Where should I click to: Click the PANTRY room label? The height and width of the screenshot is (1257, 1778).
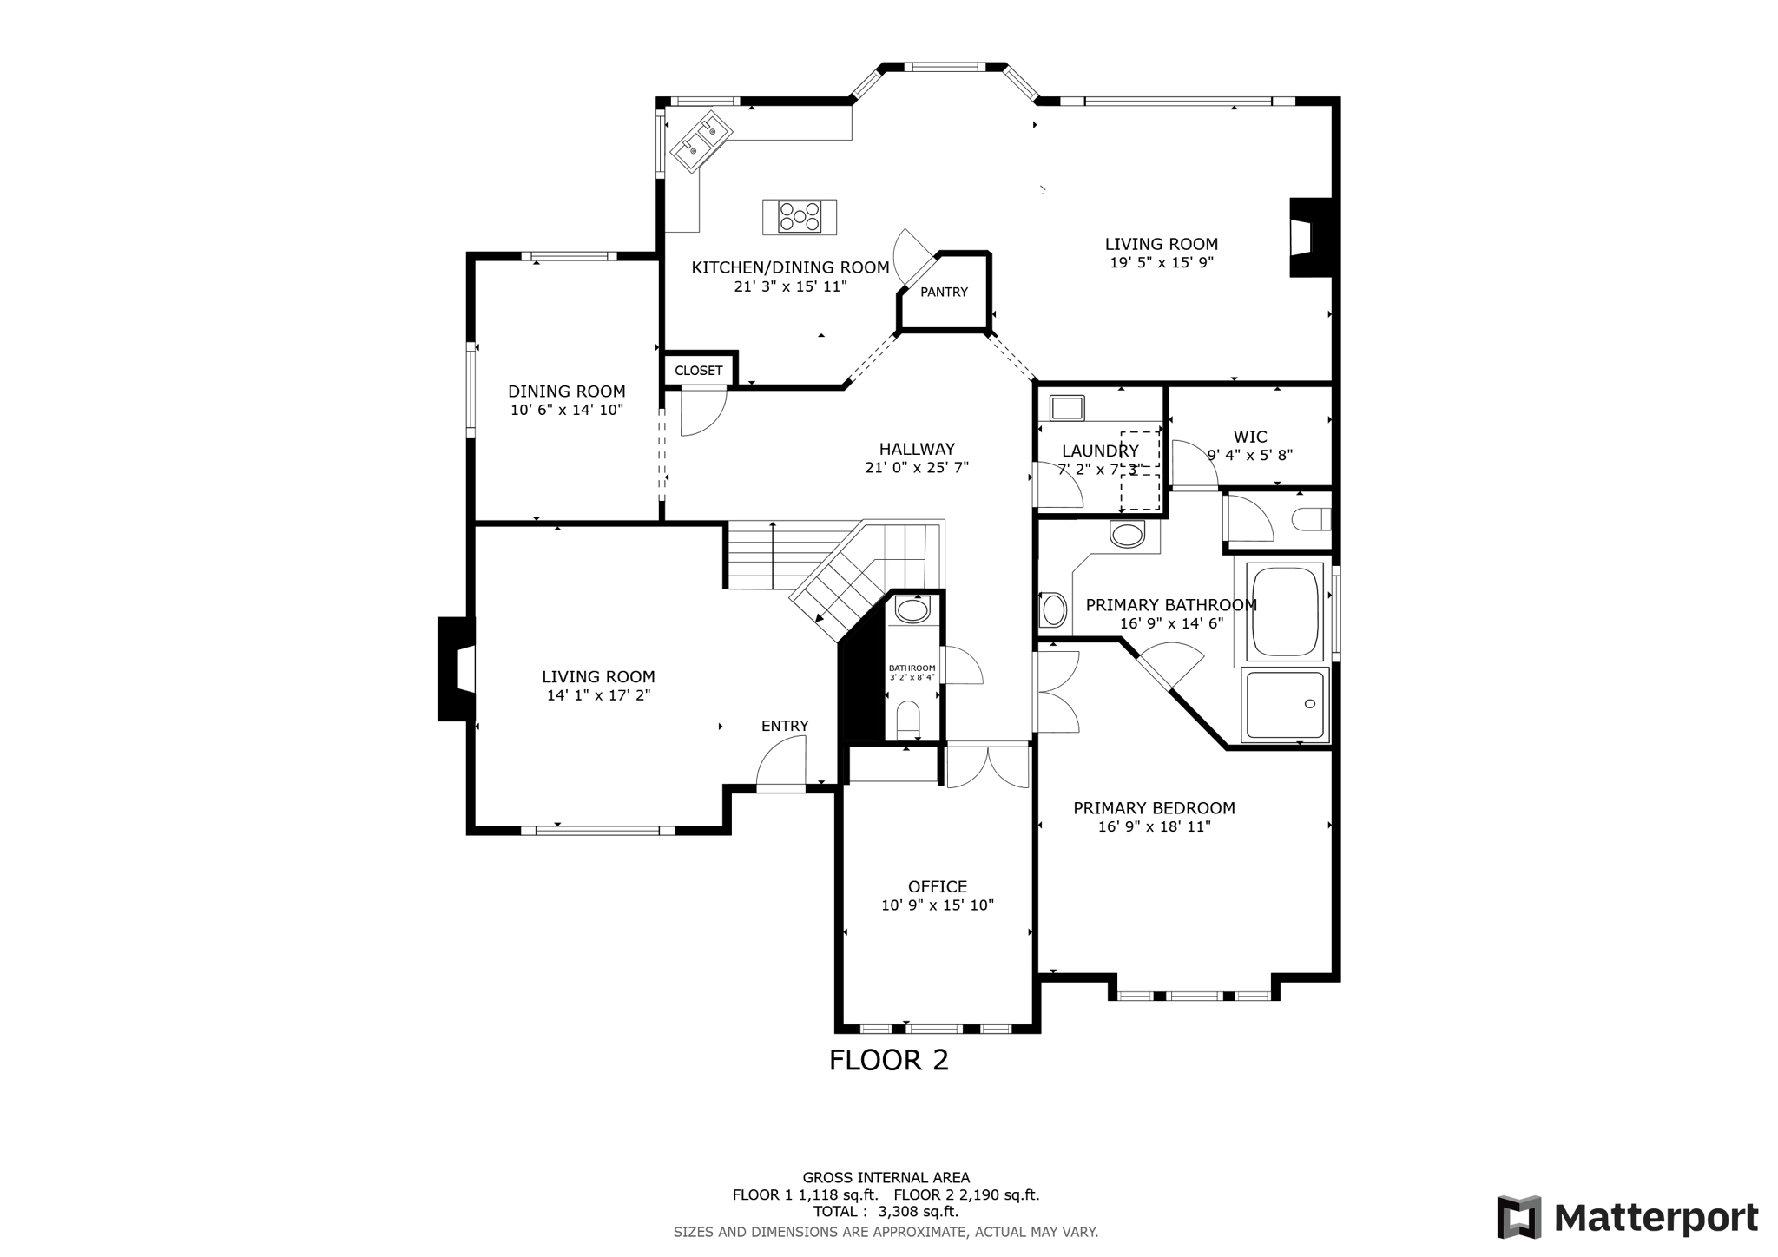tap(944, 293)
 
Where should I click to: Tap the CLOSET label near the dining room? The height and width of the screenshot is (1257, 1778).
tap(698, 371)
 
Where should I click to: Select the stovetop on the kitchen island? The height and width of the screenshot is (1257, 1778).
tap(800, 217)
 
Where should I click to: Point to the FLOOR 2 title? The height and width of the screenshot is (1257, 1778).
tap(888, 1060)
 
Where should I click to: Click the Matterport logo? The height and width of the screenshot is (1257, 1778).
tap(1628, 1217)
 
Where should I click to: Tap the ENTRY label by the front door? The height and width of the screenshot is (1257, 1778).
tap(785, 726)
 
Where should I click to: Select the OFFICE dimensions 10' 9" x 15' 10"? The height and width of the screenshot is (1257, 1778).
tap(937, 905)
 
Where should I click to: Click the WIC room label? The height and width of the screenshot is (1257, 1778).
tap(1249, 437)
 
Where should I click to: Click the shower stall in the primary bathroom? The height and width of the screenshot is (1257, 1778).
tap(1286, 705)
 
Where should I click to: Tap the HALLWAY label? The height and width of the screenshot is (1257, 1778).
tap(917, 449)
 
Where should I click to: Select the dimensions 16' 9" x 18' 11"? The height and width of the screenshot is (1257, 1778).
tap(1154, 827)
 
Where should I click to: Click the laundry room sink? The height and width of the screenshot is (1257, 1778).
tap(1066, 407)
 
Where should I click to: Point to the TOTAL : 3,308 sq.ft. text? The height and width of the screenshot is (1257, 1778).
tap(886, 1212)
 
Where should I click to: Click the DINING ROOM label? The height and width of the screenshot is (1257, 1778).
tap(566, 392)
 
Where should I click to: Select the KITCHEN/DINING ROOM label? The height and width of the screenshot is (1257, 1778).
tap(790, 267)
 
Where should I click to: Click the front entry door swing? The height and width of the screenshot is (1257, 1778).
tap(781, 764)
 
